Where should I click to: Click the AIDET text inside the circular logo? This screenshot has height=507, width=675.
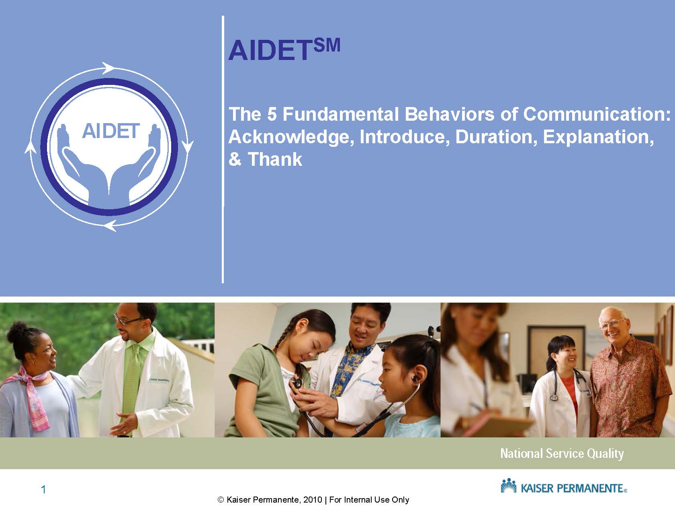pos(111,131)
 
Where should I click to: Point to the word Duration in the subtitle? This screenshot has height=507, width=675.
pos(496,137)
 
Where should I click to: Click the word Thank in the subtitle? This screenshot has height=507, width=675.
pos(275,159)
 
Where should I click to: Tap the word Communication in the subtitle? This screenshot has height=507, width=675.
pos(597,114)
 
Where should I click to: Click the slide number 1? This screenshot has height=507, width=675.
pos(43,489)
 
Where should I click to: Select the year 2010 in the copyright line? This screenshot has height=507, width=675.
pos(312,500)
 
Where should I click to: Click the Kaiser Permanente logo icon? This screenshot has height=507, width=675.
pos(509,486)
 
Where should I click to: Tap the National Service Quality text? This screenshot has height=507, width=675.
pos(562,454)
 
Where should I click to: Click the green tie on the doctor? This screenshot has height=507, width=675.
pos(133,382)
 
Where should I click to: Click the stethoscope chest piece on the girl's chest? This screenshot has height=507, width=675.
pos(297,383)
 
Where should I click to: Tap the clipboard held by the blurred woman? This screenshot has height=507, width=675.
pos(498,425)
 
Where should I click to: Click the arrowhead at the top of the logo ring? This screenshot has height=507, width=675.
pos(108,68)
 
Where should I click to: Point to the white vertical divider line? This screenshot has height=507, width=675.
pos(223,149)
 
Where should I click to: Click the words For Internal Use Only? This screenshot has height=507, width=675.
pos(369,500)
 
